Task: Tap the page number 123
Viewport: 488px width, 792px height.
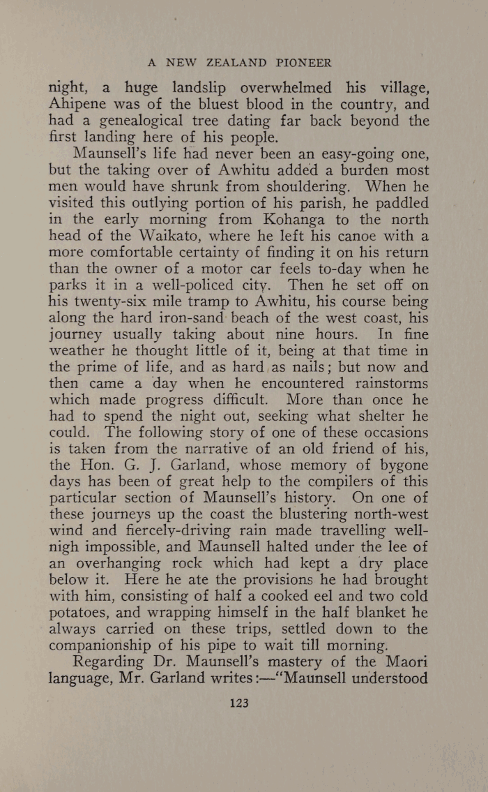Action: (238, 684)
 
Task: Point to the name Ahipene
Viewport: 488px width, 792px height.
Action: (77, 105)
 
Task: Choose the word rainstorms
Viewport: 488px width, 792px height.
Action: (388, 384)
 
